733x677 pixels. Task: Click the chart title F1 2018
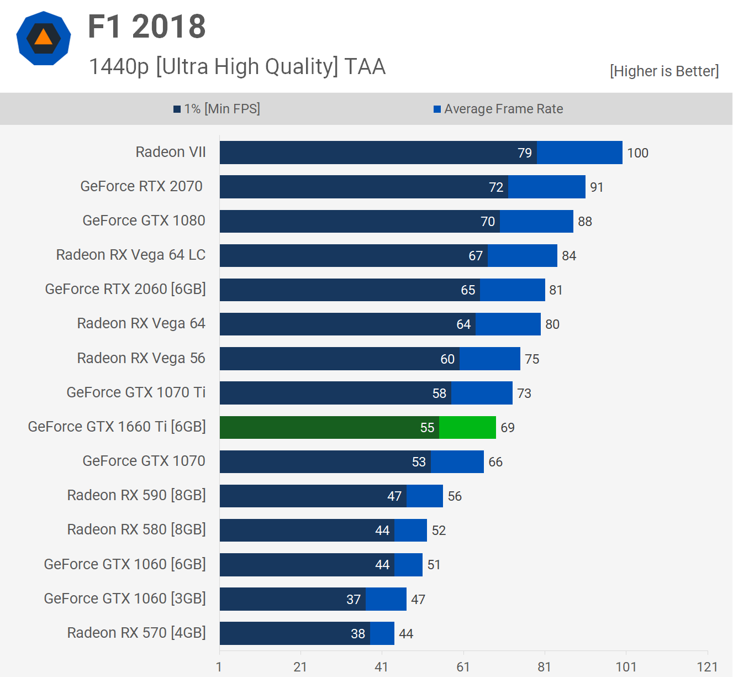(x=146, y=27)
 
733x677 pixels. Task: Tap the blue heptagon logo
(x=44, y=39)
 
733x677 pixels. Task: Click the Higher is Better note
(x=664, y=71)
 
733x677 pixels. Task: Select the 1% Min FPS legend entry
(x=217, y=109)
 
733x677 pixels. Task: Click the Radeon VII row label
(x=171, y=152)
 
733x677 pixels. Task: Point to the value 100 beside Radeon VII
(x=637, y=153)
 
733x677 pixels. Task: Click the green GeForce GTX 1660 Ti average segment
(x=467, y=427)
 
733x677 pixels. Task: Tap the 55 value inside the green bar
(x=427, y=428)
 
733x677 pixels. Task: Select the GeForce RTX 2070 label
(x=141, y=186)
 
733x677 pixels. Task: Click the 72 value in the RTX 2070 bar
(x=496, y=187)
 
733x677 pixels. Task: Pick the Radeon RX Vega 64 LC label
(x=131, y=255)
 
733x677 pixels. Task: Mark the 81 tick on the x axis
(x=544, y=667)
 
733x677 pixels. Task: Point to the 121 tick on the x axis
(x=707, y=667)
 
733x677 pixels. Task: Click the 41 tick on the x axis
(x=381, y=667)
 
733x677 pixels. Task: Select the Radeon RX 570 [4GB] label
(x=136, y=633)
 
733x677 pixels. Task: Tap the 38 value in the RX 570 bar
(x=358, y=634)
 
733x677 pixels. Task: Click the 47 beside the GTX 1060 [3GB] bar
(x=418, y=600)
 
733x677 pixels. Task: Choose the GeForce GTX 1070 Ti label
(x=136, y=392)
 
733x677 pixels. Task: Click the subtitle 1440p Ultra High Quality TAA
(x=237, y=67)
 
